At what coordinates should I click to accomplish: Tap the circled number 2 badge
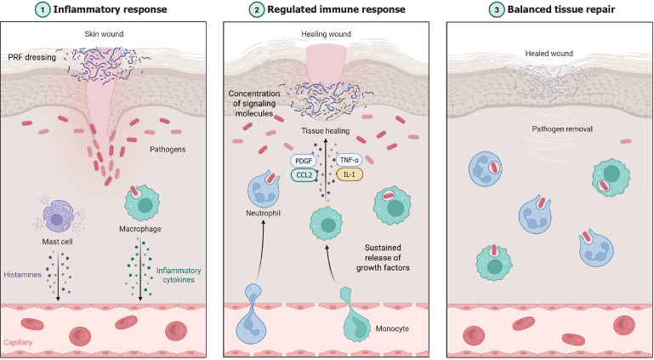click(256, 9)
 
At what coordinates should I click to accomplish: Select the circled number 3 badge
click(497, 9)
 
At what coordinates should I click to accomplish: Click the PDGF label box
click(304, 160)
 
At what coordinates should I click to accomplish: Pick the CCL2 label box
click(304, 174)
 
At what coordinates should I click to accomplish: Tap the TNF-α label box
click(350, 160)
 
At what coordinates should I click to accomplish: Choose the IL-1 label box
click(350, 174)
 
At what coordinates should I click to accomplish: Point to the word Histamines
click(22, 275)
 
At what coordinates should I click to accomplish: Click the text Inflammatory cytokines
click(179, 275)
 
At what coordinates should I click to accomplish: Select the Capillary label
click(18, 342)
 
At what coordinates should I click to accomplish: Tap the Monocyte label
click(392, 329)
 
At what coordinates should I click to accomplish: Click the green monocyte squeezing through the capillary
click(355, 311)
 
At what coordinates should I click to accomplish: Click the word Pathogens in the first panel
click(168, 149)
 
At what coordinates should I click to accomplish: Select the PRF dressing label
click(31, 57)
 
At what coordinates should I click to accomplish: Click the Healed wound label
click(549, 54)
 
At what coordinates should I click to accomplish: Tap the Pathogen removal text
click(562, 129)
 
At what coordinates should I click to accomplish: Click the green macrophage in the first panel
click(142, 203)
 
